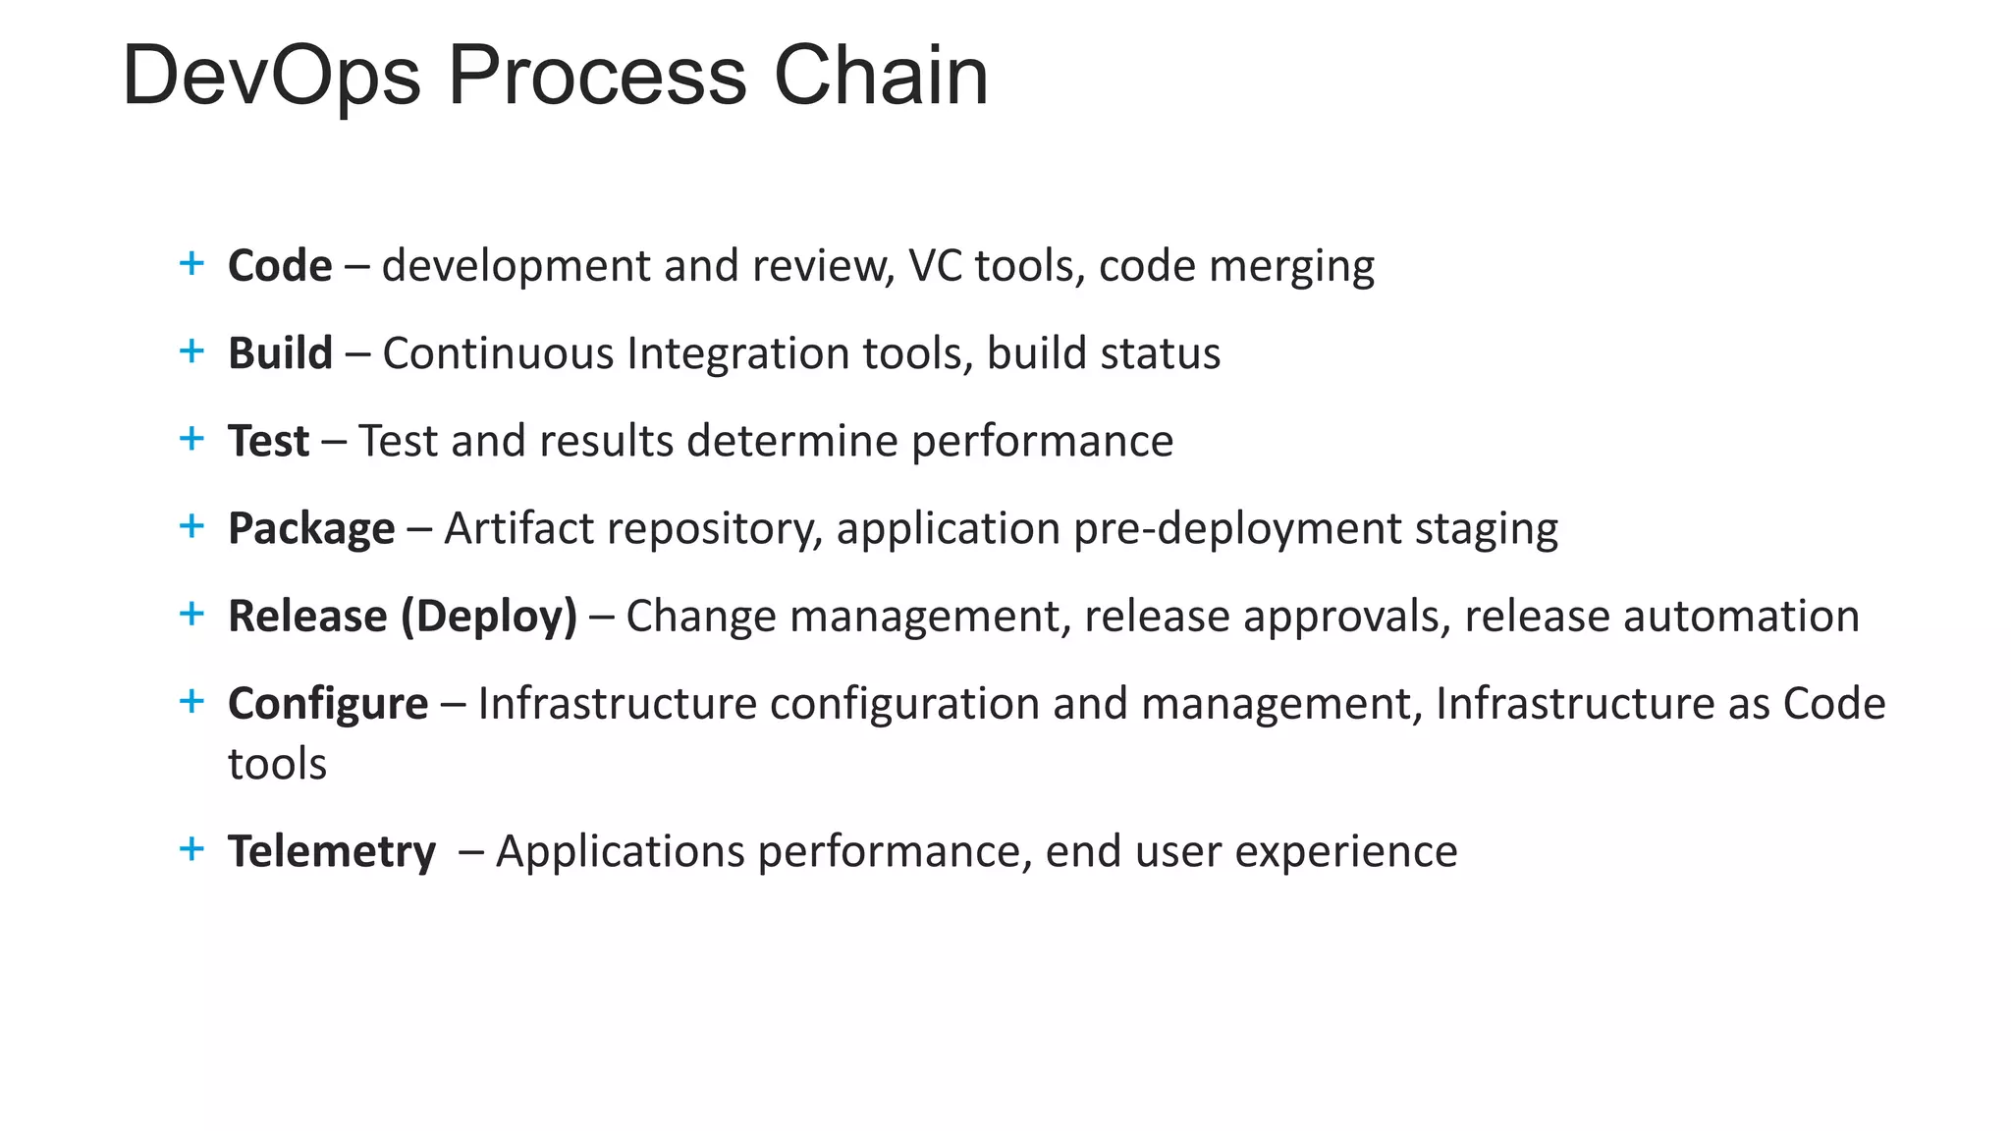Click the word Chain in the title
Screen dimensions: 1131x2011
coord(881,77)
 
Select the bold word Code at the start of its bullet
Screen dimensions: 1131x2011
coord(280,266)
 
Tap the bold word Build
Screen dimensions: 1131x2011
coord(280,353)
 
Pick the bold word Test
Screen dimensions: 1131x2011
coord(268,441)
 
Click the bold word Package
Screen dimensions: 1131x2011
coord(311,529)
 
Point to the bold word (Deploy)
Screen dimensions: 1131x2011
coord(489,617)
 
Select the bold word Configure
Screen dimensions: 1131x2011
coord(328,704)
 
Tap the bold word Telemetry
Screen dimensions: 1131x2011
coord(332,851)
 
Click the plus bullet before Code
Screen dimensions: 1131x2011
coord(191,263)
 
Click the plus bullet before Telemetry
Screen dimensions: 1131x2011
coord(191,848)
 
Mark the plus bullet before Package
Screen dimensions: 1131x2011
coord(191,526)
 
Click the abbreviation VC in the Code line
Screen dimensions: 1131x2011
coord(935,266)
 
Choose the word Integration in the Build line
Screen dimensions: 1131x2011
coord(737,353)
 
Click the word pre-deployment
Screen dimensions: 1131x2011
coord(1237,529)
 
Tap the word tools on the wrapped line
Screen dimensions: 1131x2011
coord(277,764)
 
